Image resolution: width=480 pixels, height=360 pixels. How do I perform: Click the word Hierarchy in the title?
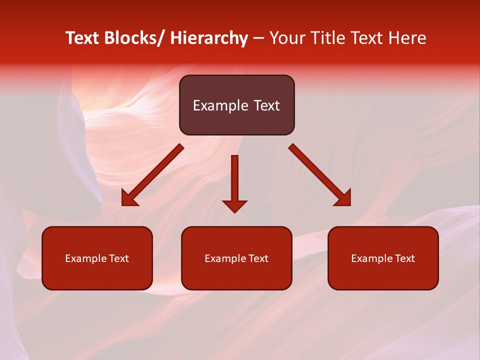[208, 38]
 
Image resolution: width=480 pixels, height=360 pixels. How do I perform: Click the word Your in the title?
[288, 38]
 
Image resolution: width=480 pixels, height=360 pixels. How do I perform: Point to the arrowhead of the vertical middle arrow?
[234, 205]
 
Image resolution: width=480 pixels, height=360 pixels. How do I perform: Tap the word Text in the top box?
[266, 105]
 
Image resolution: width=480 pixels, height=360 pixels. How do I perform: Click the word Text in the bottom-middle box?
[258, 258]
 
